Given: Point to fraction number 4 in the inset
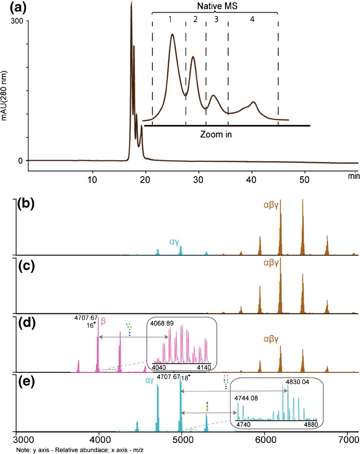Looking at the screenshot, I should pyautogui.click(x=251, y=19).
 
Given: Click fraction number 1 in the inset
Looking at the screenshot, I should pyautogui.click(x=170, y=19).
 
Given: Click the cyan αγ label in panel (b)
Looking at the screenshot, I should pyautogui.click(x=175, y=241).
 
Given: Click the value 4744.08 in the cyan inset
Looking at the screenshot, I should pyautogui.click(x=246, y=398).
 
